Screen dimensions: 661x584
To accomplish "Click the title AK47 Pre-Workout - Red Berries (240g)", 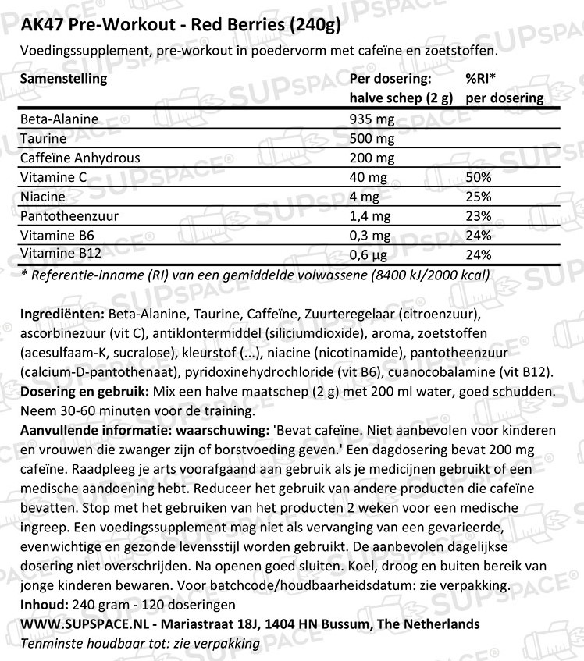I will click(x=171, y=23).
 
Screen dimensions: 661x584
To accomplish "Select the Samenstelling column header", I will click(x=62, y=79).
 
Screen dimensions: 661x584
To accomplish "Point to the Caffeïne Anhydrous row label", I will click(x=80, y=158).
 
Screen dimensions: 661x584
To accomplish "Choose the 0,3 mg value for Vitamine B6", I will click(x=372, y=236).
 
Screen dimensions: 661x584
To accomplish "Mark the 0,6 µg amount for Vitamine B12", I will click(x=370, y=254).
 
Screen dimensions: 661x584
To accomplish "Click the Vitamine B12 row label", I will click(x=60, y=254).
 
